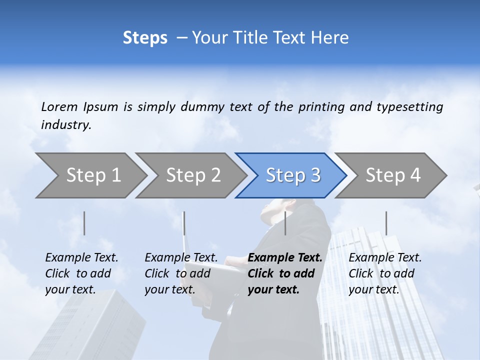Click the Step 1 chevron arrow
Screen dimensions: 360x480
[92, 175]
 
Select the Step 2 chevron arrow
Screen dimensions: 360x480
[192, 175]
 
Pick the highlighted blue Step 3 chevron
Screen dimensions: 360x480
[292, 175]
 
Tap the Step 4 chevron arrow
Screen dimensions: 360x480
[392, 175]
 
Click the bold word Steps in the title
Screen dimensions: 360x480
[145, 38]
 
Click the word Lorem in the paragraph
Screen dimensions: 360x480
[59, 107]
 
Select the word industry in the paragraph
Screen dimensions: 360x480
[66, 125]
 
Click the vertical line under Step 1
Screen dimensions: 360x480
[84, 223]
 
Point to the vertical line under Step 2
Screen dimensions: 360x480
[184, 223]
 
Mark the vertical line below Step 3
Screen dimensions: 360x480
[285, 223]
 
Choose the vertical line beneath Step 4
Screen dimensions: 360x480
[386, 223]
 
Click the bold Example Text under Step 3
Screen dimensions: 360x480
[285, 273]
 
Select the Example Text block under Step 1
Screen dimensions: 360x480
[81, 273]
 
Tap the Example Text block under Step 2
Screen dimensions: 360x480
[181, 273]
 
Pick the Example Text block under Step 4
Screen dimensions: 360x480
[385, 273]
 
